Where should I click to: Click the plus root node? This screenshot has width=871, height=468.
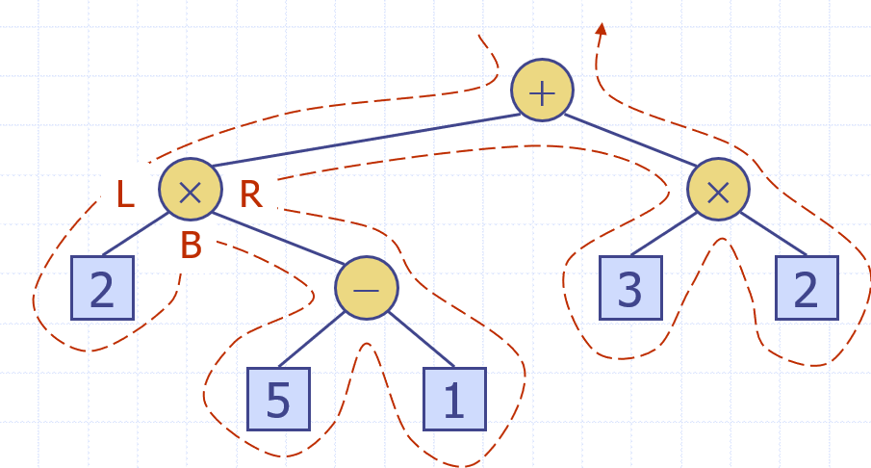pyautogui.click(x=542, y=91)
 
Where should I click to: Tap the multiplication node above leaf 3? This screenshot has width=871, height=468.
pyautogui.click(x=718, y=190)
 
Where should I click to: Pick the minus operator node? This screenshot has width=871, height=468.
pyautogui.click(x=366, y=288)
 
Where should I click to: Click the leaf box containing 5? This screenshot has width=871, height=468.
pyautogui.click(x=278, y=399)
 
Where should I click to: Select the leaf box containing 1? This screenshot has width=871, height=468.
pyautogui.click(x=455, y=399)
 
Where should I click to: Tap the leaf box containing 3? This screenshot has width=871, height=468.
pyautogui.click(x=630, y=288)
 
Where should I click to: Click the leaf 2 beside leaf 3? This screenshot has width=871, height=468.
pyautogui.click(x=807, y=288)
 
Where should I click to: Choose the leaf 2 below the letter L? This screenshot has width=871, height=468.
pyautogui.click(x=102, y=288)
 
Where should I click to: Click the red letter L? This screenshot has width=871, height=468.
pyautogui.click(x=125, y=195)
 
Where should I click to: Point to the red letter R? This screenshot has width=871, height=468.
pyautogui.click(x=250, y=195)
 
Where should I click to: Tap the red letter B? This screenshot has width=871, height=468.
pyautogui.click(x=191, y=247)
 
